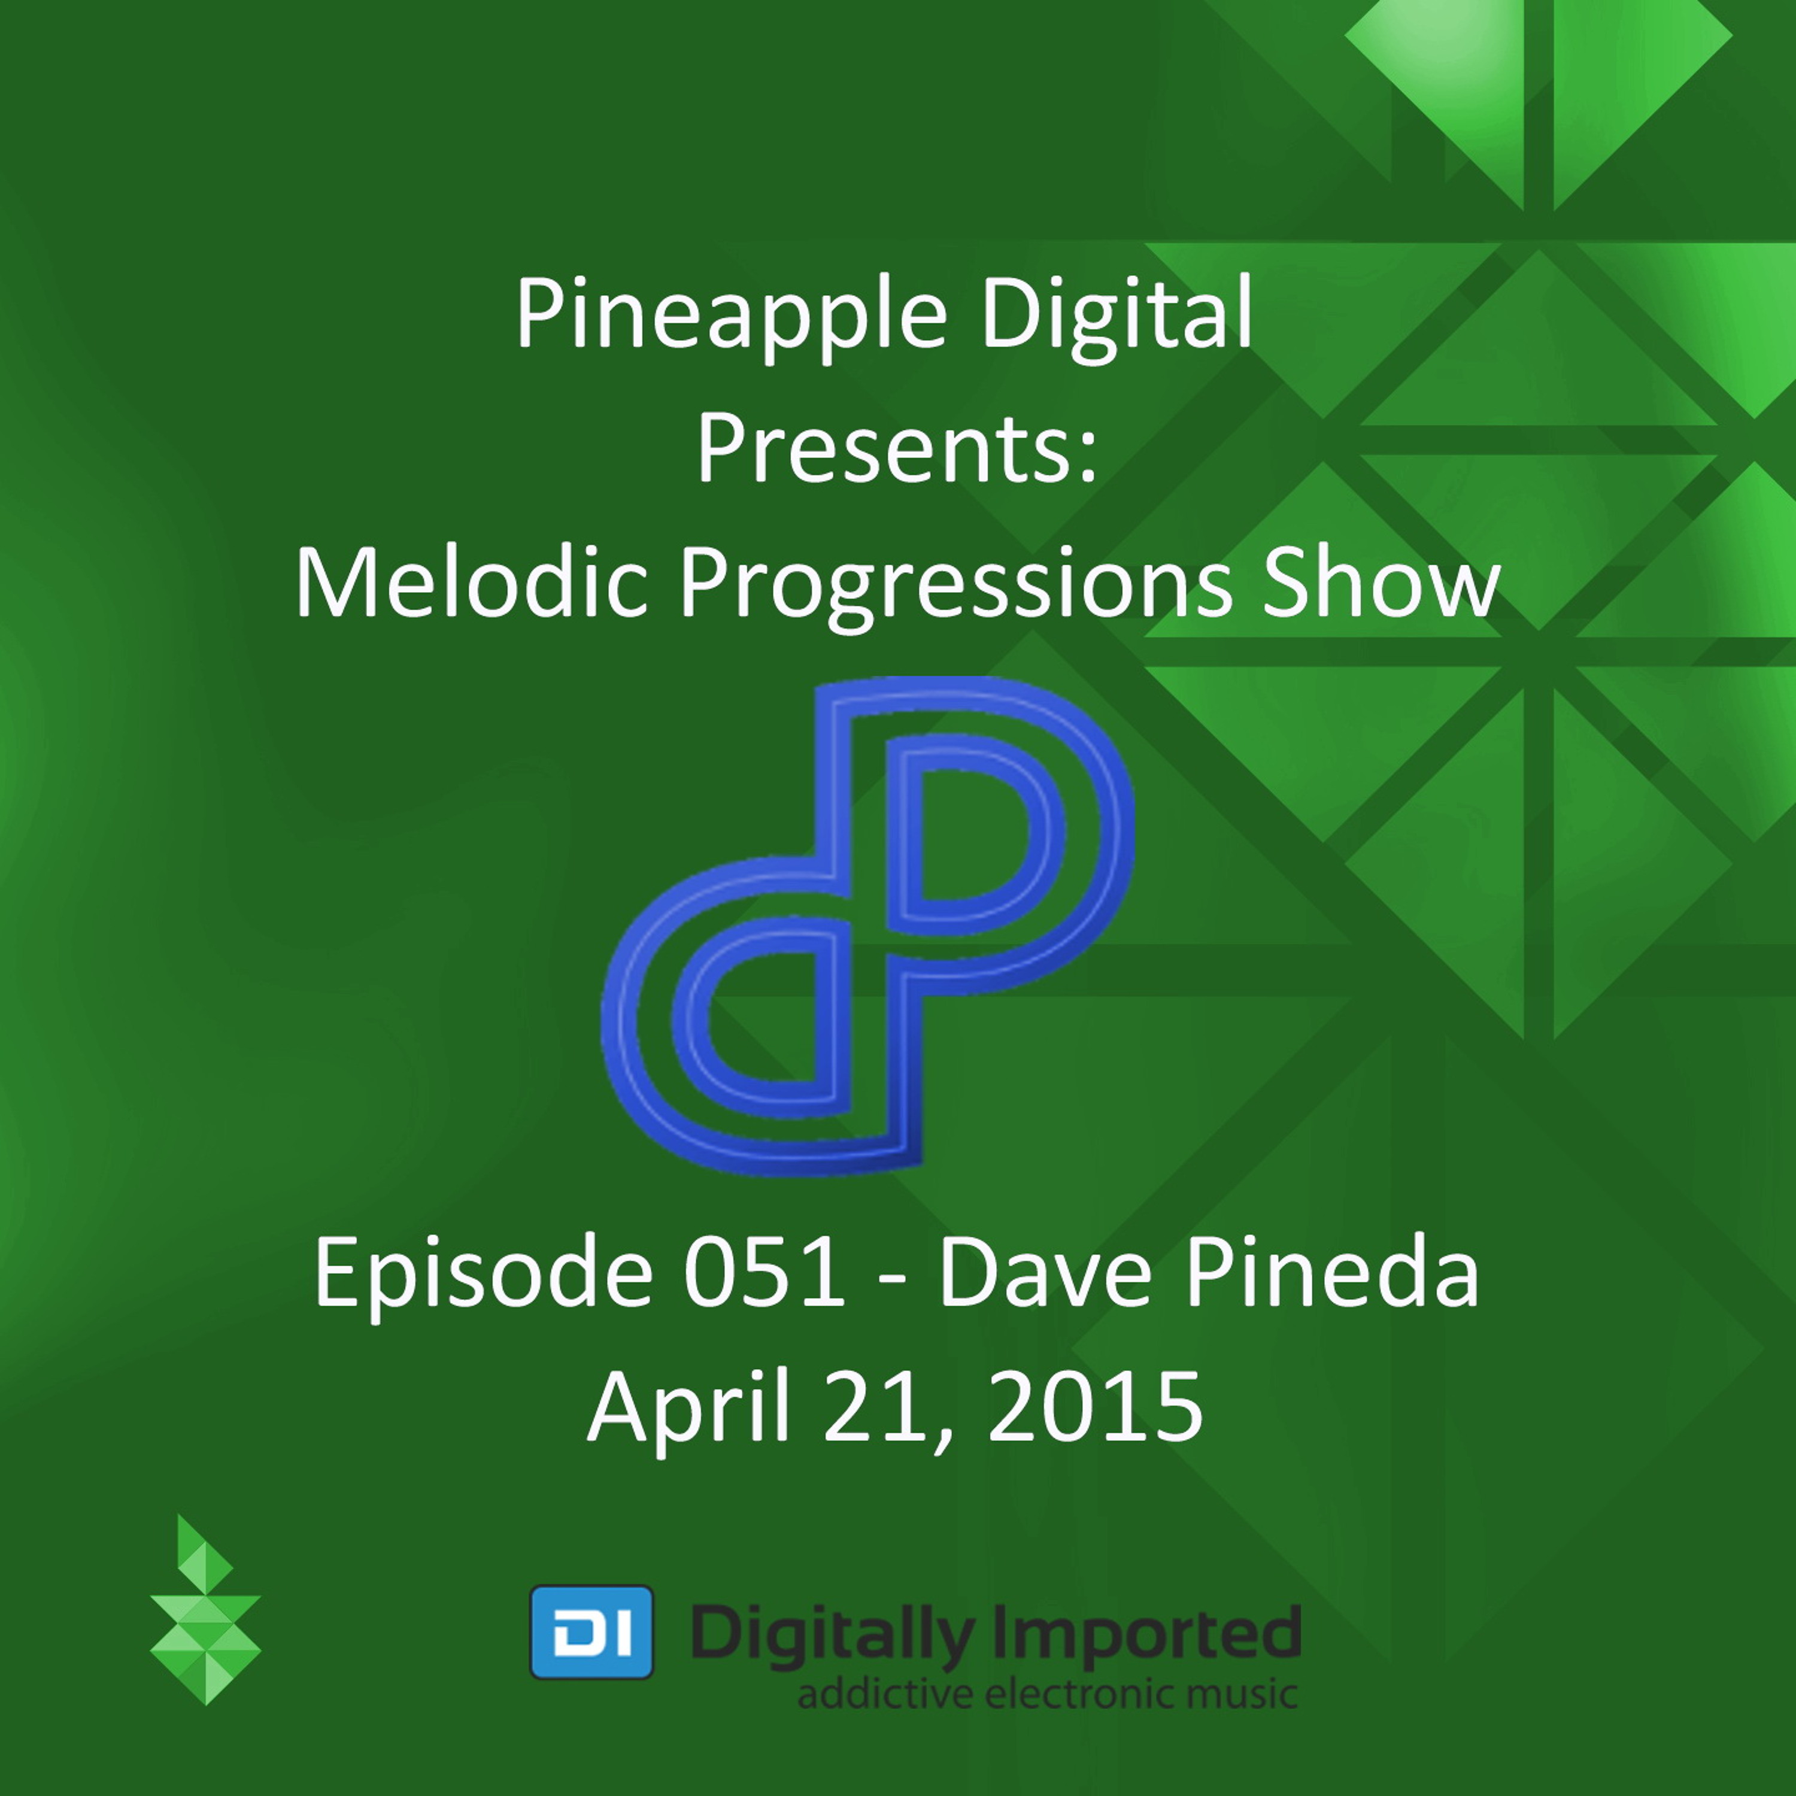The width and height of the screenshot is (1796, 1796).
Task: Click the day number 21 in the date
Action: (883, 1406)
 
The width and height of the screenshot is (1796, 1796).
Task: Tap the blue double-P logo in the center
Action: (867, 925)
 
